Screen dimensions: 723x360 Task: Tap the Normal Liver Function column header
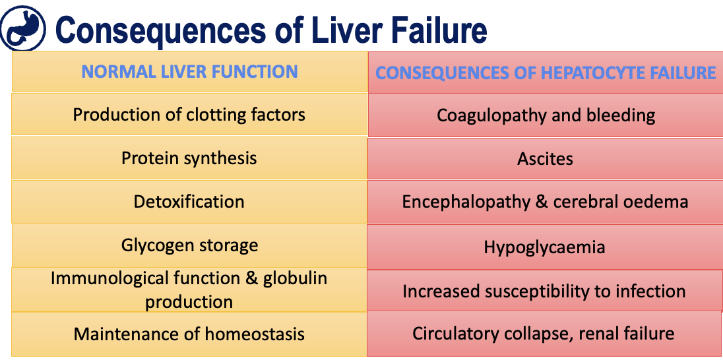[189, 71]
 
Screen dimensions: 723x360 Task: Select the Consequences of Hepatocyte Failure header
[546, 73]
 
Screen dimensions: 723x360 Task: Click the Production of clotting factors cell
[189, 115]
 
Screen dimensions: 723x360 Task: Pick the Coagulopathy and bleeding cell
[546, 115]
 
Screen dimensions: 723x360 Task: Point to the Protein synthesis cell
[189, 158]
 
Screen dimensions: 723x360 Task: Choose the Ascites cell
[546, 159]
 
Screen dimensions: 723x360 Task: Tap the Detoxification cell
[189, 201]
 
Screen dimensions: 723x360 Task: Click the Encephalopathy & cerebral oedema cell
[546, 202]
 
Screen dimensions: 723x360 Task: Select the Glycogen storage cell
[189, 245]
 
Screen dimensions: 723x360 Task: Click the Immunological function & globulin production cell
[189, 289]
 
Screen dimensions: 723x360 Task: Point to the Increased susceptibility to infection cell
[546, 291]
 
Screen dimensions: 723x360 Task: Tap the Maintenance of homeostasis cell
[189, 334]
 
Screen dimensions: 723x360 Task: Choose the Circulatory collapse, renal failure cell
[546, 334]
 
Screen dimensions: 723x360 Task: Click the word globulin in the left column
[295, 278]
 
